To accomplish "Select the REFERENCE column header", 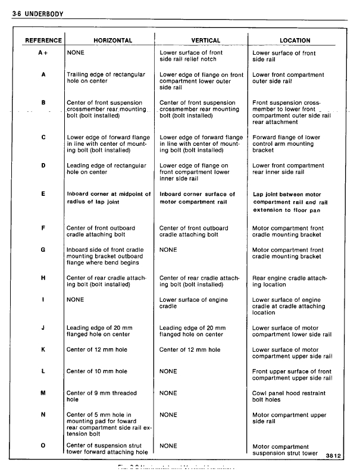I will click(x=43, y=40).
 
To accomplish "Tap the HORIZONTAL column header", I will click(x=113, y=40).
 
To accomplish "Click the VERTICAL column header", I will click(x=205, y=40).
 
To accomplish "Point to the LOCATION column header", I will click(x=295, y=40).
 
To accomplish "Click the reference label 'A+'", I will click(x=43, y=53).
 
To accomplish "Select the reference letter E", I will click(x=43, y=194).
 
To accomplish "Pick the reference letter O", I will click(x=43, y=445).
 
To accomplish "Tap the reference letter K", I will click(x=43, y=349).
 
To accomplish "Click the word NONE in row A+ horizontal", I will click(x=76, y=53).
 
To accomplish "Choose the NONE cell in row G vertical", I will click(x=168, y=249).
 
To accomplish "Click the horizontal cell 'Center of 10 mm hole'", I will click(x=96, y=371).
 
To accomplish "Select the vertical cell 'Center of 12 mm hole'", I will click(x=189, y=349).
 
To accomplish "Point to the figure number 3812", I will click(x=335, y=456).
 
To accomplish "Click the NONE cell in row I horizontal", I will click(x=76, y=299).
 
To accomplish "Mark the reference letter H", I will click(x=43, y=278).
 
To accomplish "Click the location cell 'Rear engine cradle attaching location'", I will click(x=289, y=281).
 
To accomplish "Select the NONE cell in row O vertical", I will click(x=168, y=445).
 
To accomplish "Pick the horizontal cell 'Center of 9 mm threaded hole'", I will click(x=101, y=396).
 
